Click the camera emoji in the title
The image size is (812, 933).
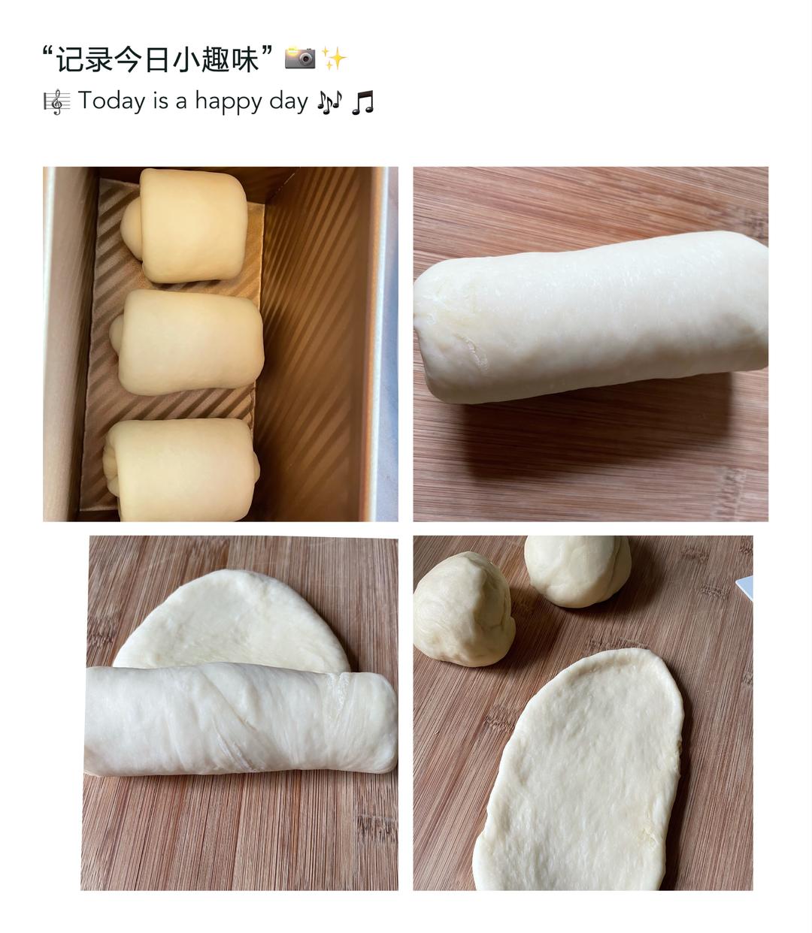point(300,58)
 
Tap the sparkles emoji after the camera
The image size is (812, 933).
point(334,58)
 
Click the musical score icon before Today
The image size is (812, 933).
point(56,101)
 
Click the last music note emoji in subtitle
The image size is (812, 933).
point(362,101)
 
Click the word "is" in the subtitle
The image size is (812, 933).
point(161,101)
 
